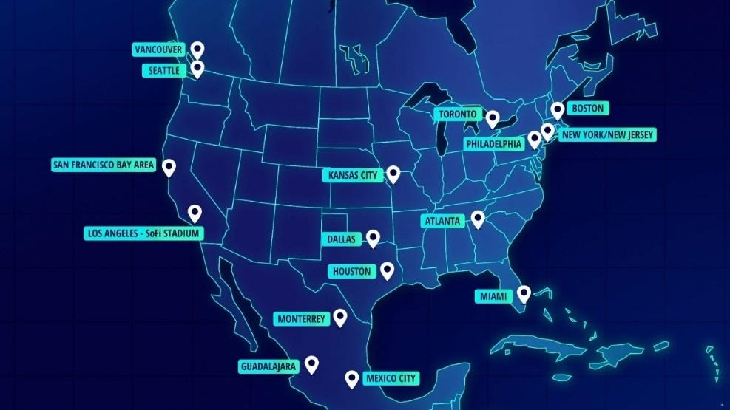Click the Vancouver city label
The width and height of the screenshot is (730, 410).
[158, 49]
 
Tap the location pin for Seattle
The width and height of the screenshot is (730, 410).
[197, 69]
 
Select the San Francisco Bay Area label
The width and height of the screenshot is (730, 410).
[104, 165]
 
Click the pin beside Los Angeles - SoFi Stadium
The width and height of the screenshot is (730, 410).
[195, 213]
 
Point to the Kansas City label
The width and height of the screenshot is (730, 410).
[351, 176]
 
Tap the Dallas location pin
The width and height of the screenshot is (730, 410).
[373, 238]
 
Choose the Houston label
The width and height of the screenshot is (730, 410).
[351, 272]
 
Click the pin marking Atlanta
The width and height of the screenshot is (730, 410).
[478, 219]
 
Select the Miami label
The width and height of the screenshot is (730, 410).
[495, 297]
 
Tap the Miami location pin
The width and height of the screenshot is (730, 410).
[524, 294]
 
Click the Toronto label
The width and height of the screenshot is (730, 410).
[458, 115]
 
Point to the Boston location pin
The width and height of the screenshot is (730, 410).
[558, 110]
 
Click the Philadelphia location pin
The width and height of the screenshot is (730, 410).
[534, 139]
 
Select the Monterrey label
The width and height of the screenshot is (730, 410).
[301, 319]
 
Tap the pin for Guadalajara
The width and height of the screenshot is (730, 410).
[311, 364]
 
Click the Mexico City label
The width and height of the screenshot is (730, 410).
[391, 379]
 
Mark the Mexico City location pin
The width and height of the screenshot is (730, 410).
[352, 379]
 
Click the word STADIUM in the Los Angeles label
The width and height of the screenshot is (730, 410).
[178, 233]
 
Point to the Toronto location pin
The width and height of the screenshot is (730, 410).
[492, 118]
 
